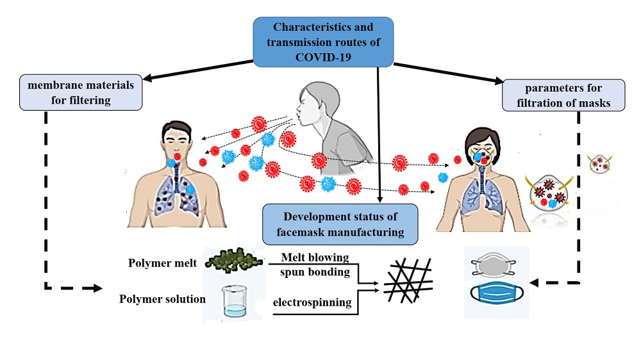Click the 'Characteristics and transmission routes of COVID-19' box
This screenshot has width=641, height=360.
(x=322, y=42)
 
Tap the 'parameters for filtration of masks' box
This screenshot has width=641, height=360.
(x=562, y=94)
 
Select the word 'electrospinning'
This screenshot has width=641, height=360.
(x=312, y=302)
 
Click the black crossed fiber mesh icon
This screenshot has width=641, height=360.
(x=407, y=282)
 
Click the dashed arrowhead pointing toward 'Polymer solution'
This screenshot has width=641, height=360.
(x=96, y=289)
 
